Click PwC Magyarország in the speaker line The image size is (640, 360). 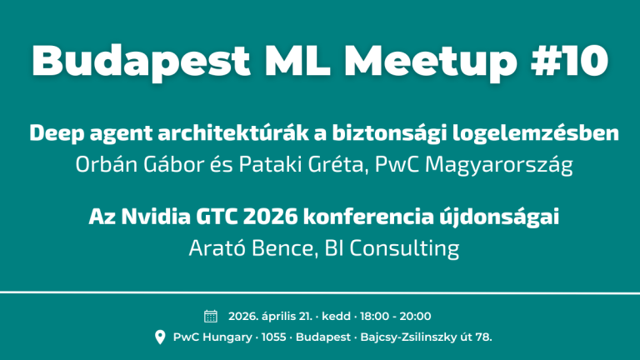(474, 165)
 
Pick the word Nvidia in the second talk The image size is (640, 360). (156, 217)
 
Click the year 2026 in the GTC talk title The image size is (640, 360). (270, 217)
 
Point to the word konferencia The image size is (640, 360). (368, 217)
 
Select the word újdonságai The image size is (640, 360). (499, 217)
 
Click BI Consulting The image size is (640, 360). (392, 248)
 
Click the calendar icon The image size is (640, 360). (211, 317)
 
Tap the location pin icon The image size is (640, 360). (160, 337)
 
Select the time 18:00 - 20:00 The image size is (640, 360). (396, 317)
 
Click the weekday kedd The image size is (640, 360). (336, 317)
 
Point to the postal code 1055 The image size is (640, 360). (273, 337)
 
